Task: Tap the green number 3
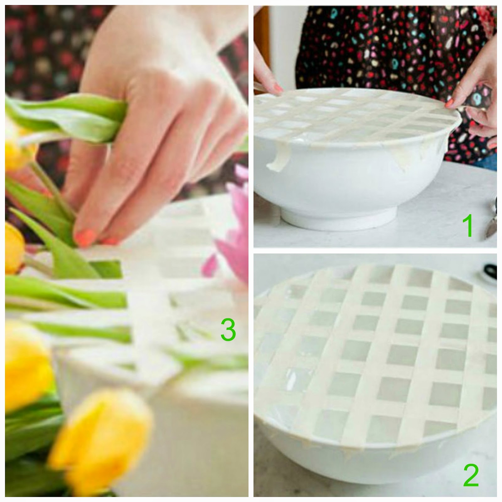click(228, 329)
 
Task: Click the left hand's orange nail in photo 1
click(277, 89)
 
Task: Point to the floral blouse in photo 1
click(376, 47)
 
